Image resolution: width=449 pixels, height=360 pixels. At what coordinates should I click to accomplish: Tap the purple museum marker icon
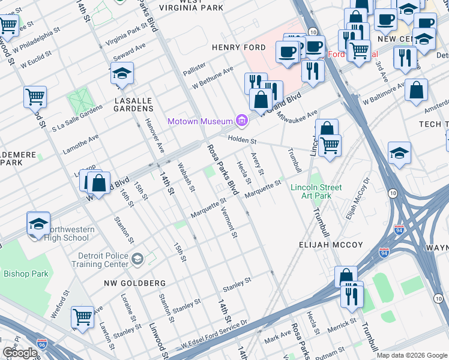coord(242,121)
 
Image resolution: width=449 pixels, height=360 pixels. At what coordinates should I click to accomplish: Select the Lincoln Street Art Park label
coord(316,191)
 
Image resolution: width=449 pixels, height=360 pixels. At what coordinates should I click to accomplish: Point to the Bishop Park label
coord(26,274)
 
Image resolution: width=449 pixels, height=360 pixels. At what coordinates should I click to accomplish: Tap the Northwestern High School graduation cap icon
coord(38,224)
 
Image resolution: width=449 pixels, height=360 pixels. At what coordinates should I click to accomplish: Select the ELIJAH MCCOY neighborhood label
coord(331,245)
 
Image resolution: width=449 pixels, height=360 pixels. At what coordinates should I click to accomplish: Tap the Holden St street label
coord(242,141)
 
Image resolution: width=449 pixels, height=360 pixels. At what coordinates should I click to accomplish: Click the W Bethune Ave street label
coord(212,79)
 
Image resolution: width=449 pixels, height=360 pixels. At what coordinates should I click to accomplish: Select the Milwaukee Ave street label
coord(298,118)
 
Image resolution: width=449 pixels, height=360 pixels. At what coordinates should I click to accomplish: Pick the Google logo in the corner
coord(20,353)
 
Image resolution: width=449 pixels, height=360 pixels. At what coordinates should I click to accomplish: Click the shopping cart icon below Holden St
coord(330,145)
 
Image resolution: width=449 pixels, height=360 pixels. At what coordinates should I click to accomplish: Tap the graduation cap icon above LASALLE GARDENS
coord(122,74)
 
